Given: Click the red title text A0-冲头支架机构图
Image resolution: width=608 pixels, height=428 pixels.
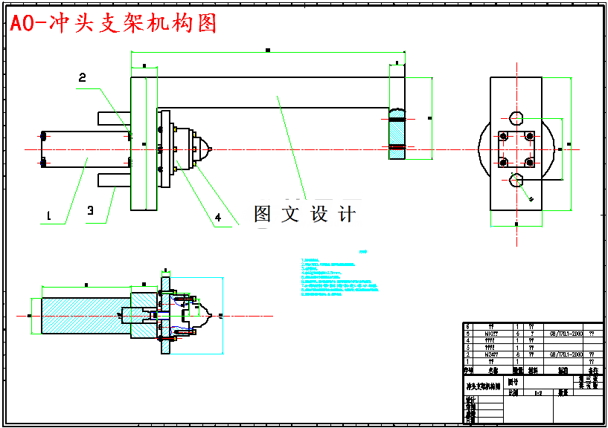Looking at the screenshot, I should coord(114,24).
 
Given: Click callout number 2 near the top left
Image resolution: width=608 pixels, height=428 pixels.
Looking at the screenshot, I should coord(83,77).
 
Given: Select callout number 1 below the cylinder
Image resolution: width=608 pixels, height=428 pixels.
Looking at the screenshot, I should coord(49,216).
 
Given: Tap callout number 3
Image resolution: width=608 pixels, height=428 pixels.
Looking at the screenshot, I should coord(90,211).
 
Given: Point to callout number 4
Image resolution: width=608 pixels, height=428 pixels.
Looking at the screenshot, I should coord(218,218).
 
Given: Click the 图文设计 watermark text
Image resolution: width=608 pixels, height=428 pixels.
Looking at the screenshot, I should coord(304,214).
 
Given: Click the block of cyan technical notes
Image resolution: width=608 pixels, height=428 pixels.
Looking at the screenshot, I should coord(339,276).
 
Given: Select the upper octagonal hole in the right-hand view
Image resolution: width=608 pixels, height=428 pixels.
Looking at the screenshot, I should coord(516,117).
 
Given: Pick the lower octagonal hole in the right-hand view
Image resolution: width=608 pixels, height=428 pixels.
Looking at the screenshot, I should coord(516,179).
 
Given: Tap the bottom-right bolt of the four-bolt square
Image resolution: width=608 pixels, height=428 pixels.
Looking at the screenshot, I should coord(529,161).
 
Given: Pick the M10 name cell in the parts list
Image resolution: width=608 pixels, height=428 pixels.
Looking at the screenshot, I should coord(491,334).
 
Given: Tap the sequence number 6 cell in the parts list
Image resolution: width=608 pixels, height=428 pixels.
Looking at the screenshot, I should coord(467,326).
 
